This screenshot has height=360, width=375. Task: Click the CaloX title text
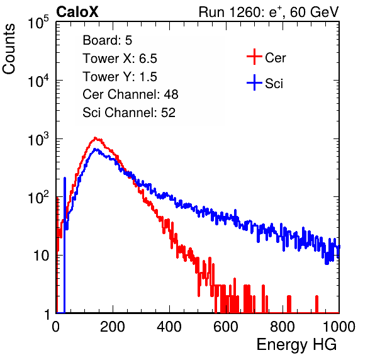[77, 12]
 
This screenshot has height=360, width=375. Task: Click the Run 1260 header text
[269, 12]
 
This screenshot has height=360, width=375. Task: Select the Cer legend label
[275, 58]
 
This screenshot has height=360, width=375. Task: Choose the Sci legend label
[274, 84]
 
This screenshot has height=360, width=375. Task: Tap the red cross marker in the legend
[254, 57]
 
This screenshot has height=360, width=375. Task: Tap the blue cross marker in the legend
[254, 82]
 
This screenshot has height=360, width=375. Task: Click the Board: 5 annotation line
[107, 40]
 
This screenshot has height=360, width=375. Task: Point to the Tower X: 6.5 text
[120, 59]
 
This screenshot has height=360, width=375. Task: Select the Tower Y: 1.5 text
[120, 77]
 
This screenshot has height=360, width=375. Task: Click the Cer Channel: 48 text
[130, 94]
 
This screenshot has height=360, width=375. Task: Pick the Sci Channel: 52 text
[129, 113]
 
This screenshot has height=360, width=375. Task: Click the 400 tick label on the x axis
[169, 327]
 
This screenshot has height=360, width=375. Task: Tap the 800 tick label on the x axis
[283, 327]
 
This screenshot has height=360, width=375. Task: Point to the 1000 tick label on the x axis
[339, 327]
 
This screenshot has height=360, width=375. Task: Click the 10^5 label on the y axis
[38, 22]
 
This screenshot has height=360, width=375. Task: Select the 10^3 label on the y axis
[38, 139]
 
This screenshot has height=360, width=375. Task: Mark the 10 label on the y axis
[42, 256]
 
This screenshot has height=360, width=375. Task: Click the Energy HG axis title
[296, 345]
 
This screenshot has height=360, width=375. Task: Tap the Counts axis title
[9, 48]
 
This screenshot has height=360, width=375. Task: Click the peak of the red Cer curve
[95, 138]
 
